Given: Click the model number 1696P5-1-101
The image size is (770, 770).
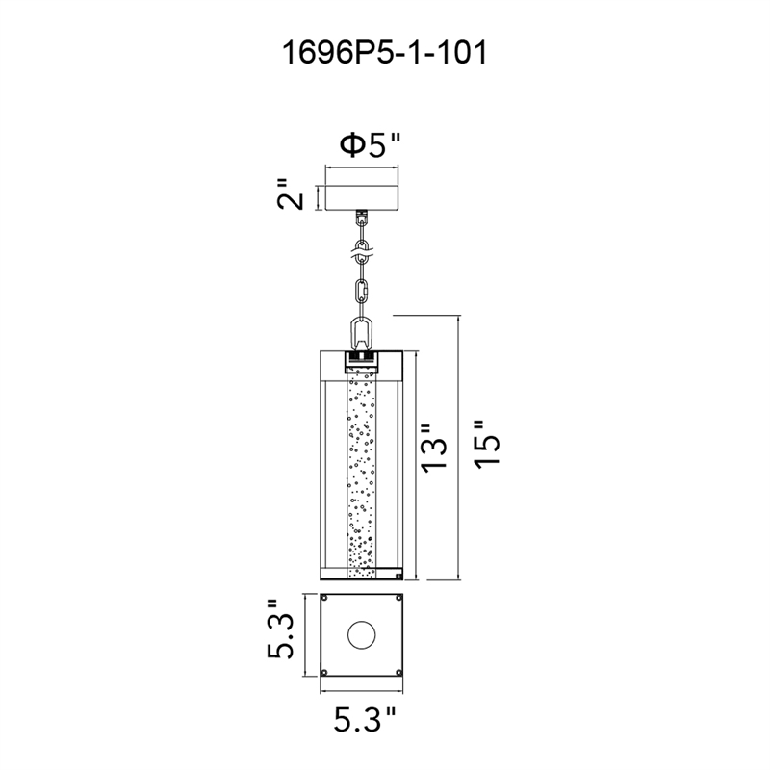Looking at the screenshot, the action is click(384, 53).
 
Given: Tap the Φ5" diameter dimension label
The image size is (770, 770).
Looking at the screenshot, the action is click(371, 146).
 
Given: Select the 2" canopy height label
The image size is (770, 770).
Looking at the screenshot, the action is click(291, 194).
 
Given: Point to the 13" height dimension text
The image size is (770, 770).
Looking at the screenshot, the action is click(434, 449).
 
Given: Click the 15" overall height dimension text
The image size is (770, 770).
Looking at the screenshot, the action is click(487, 444).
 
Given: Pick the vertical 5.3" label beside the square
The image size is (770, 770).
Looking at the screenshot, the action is click(280, 629).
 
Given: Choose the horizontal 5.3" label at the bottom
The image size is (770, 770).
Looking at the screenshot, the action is click(365, 720).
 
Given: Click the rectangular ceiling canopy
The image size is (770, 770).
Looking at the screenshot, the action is click(362, 198).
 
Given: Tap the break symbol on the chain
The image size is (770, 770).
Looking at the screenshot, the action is click(363, 254).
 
